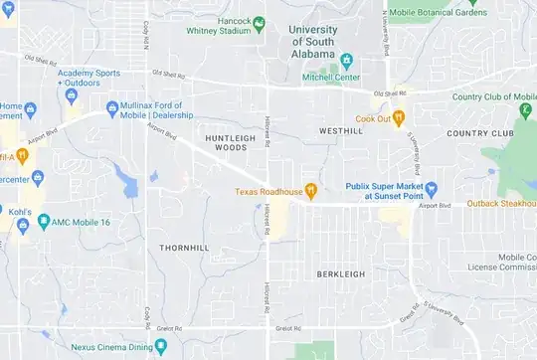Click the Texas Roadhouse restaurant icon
point(311,190)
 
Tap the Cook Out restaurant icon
point(398,117)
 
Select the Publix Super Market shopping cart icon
point(432,188)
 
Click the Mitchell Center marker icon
point(346,60)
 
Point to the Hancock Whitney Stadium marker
point(259,22)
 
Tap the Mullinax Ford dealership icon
point(111,107)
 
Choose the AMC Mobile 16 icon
point(43,223)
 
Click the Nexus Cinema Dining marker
point(62,348)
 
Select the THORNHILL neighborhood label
point(185,245)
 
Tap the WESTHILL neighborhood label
point(341,130)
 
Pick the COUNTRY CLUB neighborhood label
point(480,132)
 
